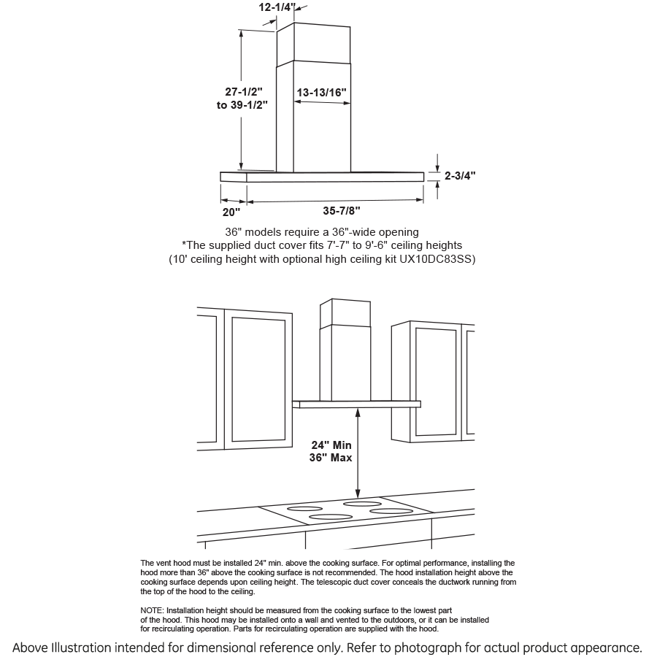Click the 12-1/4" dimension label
click(277, 7)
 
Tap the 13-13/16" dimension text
click(321, 93)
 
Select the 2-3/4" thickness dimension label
click(460, 175)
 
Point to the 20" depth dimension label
click(231, 212)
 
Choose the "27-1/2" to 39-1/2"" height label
click(242, 98)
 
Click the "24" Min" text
click(331, 445)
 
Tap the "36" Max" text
click(331, 458)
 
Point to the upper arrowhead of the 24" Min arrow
click(357, 412)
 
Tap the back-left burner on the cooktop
click(304, 508)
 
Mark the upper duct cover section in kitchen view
click(345, 311)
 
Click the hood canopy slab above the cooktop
click(358, 403)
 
